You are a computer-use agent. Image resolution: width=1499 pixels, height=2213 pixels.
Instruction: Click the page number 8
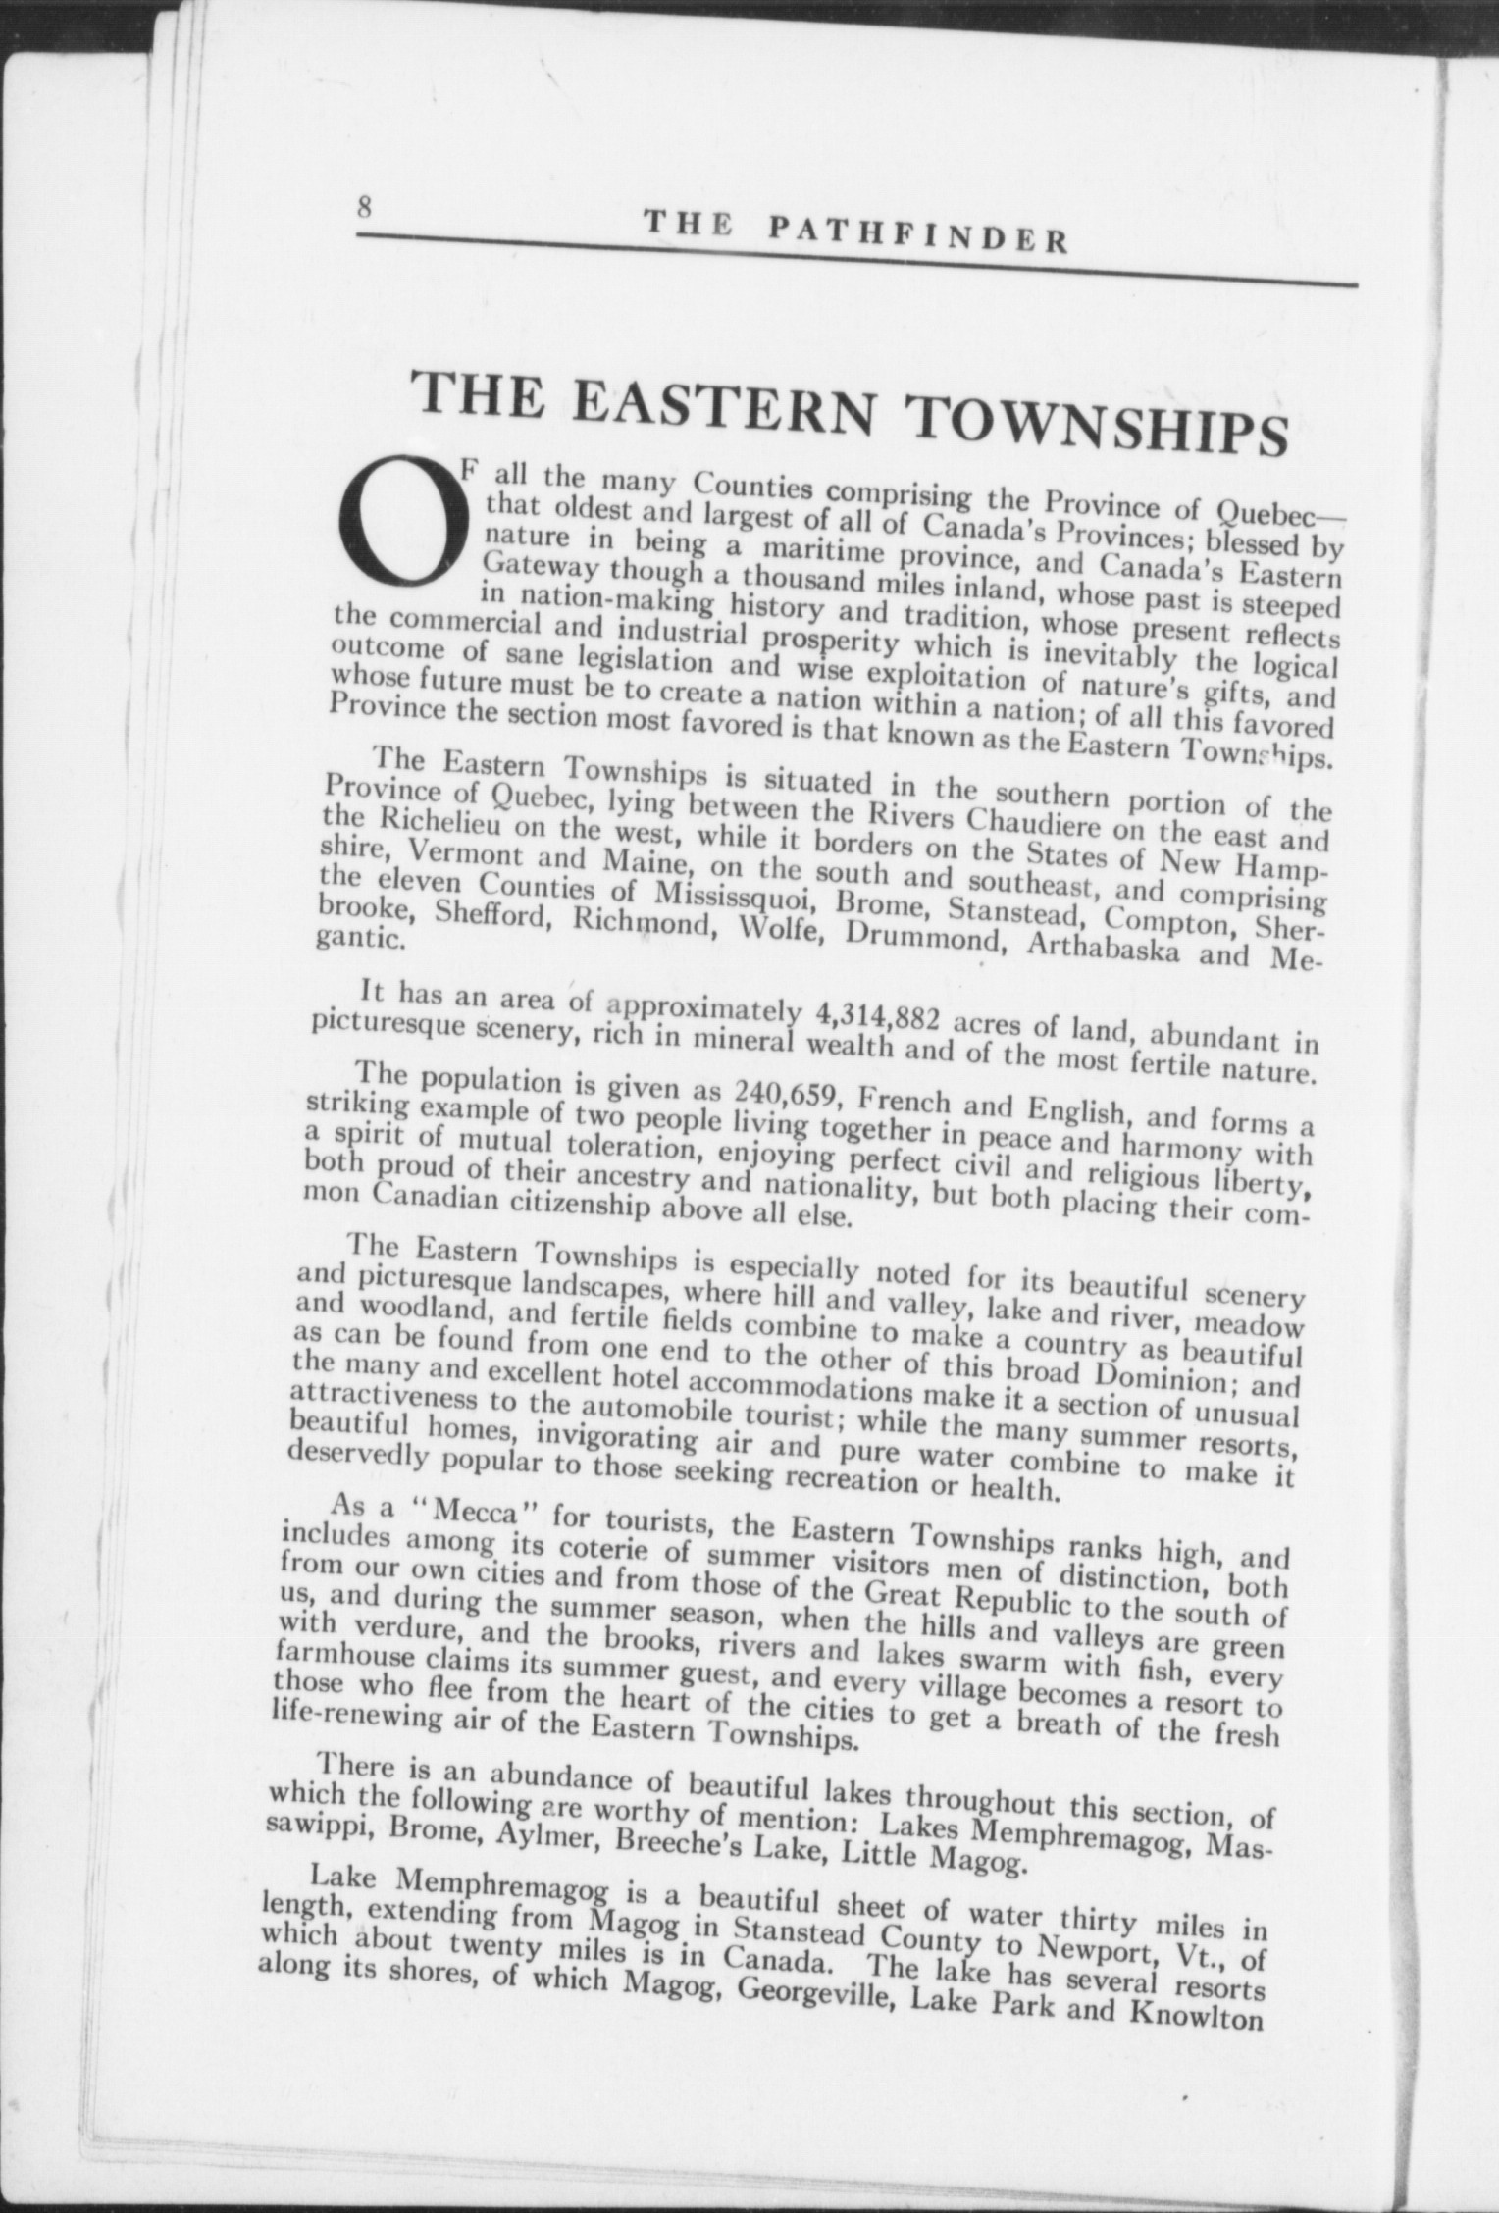tap(365, 208)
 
